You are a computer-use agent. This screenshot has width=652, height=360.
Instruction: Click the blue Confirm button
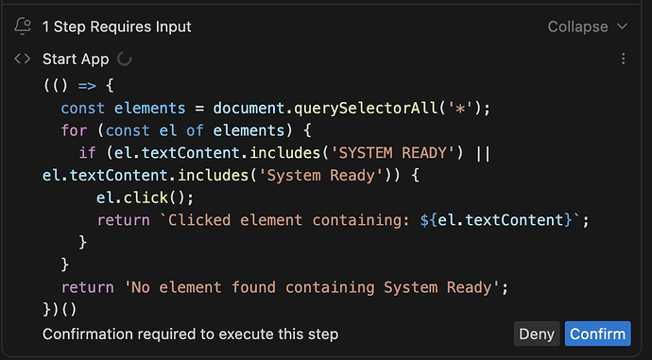[597, 334]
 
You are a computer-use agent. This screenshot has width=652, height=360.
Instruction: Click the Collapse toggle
[588, 26]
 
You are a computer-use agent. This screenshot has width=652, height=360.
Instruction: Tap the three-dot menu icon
[623, 59]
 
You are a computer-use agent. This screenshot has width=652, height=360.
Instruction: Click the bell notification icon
[23, 26]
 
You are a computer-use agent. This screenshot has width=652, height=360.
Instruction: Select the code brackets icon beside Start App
[23, 59]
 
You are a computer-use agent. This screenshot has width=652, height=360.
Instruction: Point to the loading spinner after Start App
[124, 59]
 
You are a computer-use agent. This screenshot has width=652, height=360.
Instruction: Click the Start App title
[76, 59]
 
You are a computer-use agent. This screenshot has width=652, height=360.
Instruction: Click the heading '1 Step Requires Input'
[117, 26]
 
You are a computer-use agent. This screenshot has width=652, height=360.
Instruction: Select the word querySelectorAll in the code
[366, 109]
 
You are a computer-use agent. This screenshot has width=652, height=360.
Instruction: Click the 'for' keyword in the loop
[75, 130]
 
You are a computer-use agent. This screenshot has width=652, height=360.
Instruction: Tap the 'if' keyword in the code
[87, 153]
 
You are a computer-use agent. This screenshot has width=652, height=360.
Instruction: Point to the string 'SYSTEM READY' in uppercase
[392, 153]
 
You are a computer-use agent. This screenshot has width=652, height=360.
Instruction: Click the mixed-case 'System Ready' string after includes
[320, 176]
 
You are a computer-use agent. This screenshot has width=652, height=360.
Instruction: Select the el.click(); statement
[146, 197]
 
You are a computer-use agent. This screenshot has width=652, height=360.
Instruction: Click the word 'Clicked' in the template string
[199, 220]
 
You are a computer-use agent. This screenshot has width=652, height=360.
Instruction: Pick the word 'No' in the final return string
[141, 287]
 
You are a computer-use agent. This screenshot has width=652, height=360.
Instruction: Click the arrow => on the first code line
[87, 86]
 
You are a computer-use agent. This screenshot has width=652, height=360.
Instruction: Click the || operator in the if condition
[483, 153]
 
